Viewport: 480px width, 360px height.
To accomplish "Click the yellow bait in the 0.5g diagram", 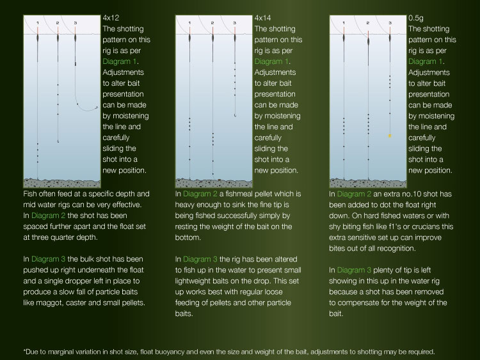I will tap(389, 136).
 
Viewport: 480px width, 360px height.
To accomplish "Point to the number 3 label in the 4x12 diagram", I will tap(76, 23).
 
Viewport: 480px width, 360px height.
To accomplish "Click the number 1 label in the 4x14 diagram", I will tap(191, 23).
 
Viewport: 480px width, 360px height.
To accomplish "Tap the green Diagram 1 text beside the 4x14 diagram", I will tap(272, 62).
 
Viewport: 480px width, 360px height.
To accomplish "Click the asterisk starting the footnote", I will tap(24, 351).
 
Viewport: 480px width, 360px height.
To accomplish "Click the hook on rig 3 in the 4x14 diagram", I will tap(236, 115).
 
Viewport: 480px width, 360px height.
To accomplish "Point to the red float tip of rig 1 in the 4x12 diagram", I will tap(38, 30).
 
